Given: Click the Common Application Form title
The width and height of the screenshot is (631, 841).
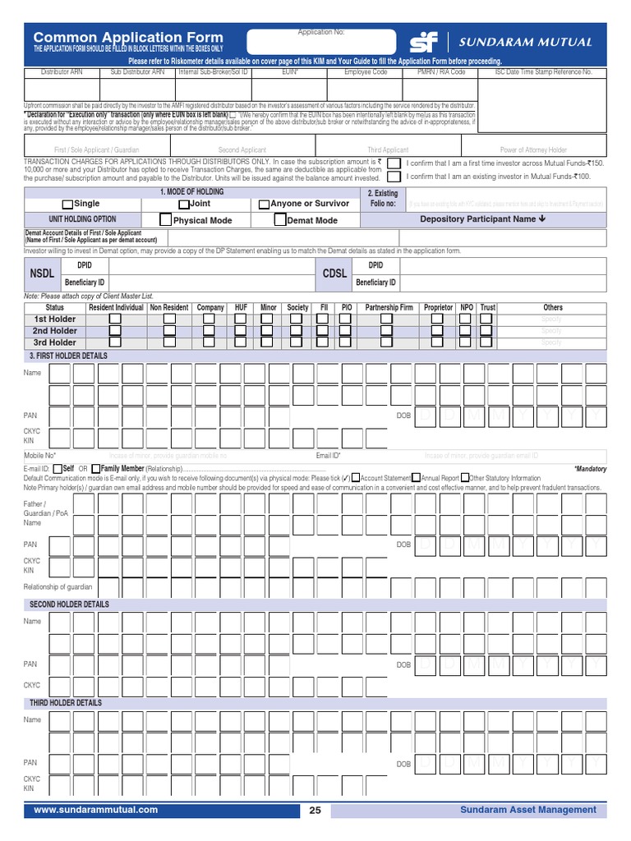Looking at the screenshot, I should [127, 37].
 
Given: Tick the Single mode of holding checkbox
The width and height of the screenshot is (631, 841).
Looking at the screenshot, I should [68, 204].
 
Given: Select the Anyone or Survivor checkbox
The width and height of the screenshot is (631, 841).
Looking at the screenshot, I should [263, 204].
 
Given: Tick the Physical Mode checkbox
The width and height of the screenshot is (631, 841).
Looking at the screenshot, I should [166, 220].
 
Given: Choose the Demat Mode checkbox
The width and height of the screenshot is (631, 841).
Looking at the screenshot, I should [280, 220].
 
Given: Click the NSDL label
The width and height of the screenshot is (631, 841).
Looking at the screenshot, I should [42, 273].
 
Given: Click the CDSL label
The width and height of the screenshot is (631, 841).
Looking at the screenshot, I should [334, 273].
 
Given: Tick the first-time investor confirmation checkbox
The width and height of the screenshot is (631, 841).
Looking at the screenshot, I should [395, 163].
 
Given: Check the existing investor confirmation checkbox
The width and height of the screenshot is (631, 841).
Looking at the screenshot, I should [395, 177].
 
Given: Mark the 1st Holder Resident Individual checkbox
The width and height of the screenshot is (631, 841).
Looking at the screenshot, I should [116, 319].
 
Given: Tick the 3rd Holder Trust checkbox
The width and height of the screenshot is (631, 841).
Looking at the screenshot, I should [487, 342].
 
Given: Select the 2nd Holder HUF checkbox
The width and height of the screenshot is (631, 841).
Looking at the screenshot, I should [241, 330].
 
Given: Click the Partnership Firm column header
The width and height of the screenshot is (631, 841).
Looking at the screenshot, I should [389, 307].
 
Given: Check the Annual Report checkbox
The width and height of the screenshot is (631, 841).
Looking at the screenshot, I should [417, 477].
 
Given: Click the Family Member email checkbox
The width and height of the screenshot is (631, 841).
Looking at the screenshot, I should [96, 468].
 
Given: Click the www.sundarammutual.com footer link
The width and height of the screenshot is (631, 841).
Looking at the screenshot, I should [95, 810].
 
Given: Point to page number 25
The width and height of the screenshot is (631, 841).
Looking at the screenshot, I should [315, 811].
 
